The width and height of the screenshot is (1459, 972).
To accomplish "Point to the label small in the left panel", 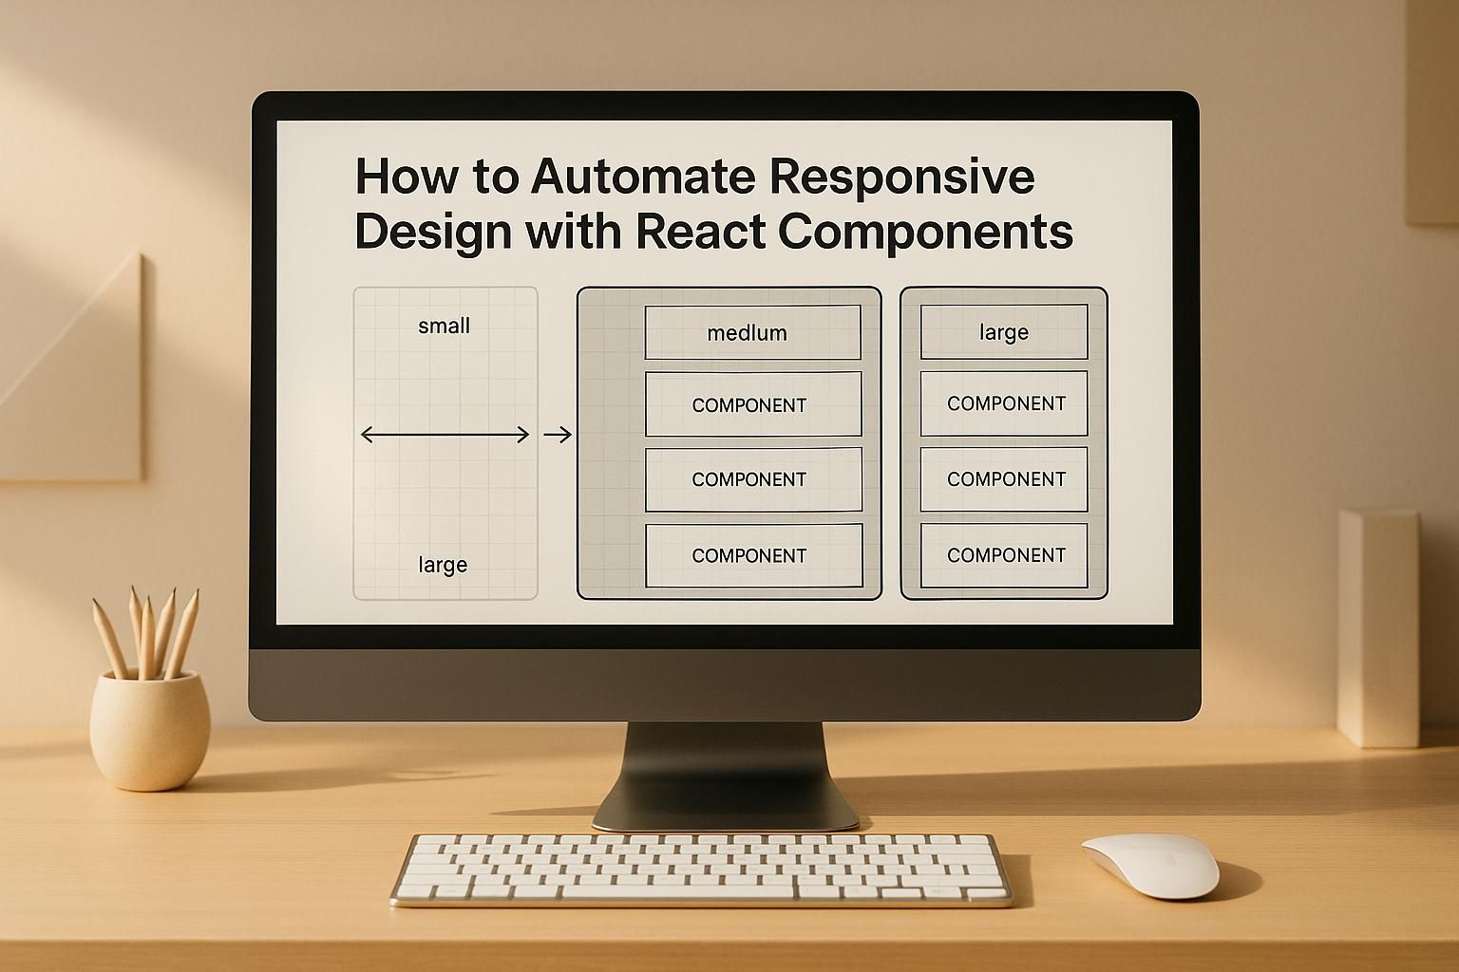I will [444, 327].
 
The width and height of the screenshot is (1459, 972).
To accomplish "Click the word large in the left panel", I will [443, 566].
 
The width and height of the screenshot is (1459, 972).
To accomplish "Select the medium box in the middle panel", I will [752, 332].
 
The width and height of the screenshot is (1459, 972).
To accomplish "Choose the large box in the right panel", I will [1004, 332].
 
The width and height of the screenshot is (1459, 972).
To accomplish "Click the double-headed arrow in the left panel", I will [445, 435].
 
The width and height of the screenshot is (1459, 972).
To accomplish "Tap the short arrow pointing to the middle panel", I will [558, 435].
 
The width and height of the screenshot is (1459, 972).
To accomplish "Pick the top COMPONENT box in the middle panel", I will [752, 404].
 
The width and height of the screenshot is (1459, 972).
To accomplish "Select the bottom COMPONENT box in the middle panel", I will [753, 555].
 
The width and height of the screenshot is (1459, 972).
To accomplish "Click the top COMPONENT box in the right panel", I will [1004, 403].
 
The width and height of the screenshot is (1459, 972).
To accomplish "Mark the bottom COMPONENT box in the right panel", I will [1004, 555].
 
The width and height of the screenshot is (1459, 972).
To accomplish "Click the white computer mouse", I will [1150, 865].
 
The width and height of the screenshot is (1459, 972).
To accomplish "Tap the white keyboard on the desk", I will [701, 869].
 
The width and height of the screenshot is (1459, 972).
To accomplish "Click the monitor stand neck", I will [725, 769].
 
